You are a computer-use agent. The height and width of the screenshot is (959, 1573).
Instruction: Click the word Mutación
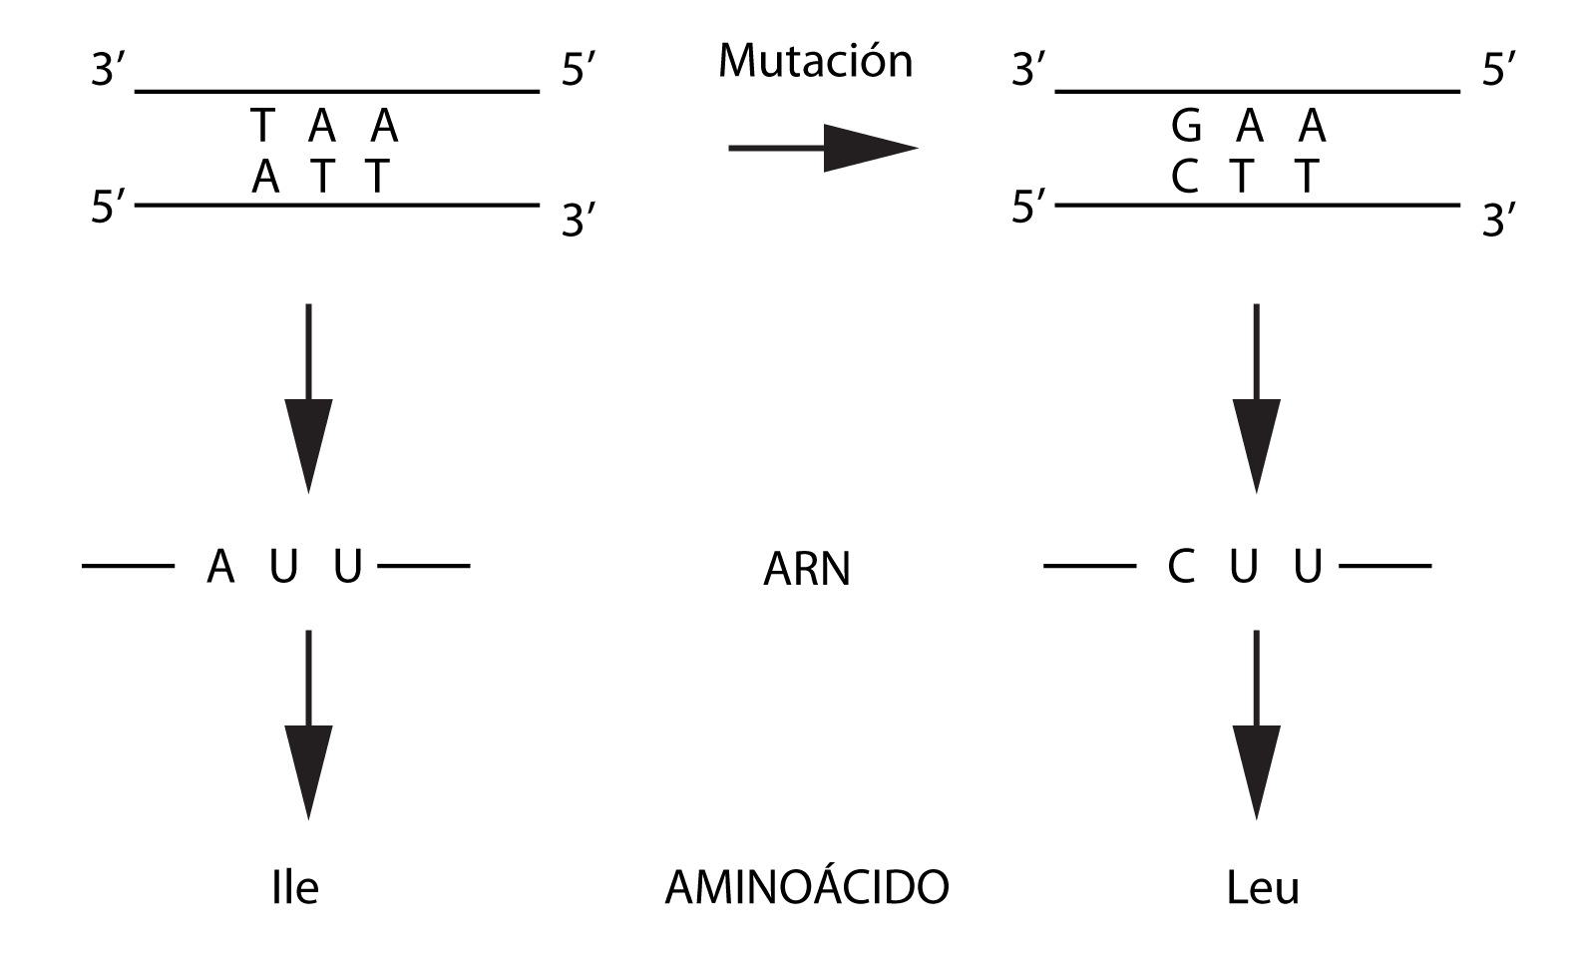tap(815, 62)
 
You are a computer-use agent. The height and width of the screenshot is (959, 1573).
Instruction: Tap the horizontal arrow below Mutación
tap(822, 149)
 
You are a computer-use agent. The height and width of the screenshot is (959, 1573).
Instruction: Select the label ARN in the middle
tap(806, 570)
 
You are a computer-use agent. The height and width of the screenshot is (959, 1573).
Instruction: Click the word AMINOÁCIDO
tap(806, 887)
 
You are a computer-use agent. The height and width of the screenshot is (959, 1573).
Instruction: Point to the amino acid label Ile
tap(294, 887)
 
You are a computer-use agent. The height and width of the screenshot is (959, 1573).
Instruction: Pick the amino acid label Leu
tap(1263, 887)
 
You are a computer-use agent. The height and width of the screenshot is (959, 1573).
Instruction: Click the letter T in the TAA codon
tap(261, 127)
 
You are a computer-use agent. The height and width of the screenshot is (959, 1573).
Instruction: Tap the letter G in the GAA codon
tap(1186, 127)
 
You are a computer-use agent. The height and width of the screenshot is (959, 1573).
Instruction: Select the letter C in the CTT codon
tap(1184, 178)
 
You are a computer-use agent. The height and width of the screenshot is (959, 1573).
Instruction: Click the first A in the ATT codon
tap(265, 178)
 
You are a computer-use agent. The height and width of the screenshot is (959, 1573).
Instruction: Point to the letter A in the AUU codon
tap(220, 568)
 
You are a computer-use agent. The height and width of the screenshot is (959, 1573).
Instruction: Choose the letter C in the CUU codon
tap(1181, 568)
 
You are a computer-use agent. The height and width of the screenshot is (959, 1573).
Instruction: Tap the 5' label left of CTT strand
tap(1028, 210)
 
